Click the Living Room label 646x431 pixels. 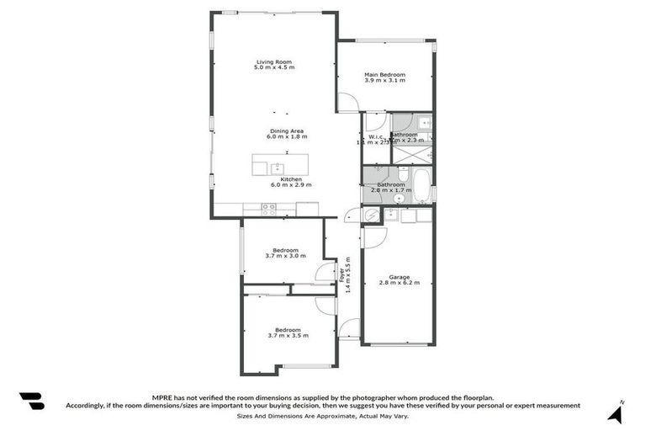(x=275, y=61)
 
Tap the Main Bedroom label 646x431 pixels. (x=384, y=75)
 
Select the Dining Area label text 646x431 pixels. (x=286, y=130)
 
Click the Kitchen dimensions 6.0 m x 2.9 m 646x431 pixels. (x=291, y=184)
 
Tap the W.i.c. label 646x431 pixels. (x=375, y=136)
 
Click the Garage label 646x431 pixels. (x=399, y=277)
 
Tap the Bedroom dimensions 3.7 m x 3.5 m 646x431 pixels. (x=288, y=336)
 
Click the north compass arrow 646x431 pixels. (x=616, y=412)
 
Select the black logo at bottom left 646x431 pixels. (x=31, y=402)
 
